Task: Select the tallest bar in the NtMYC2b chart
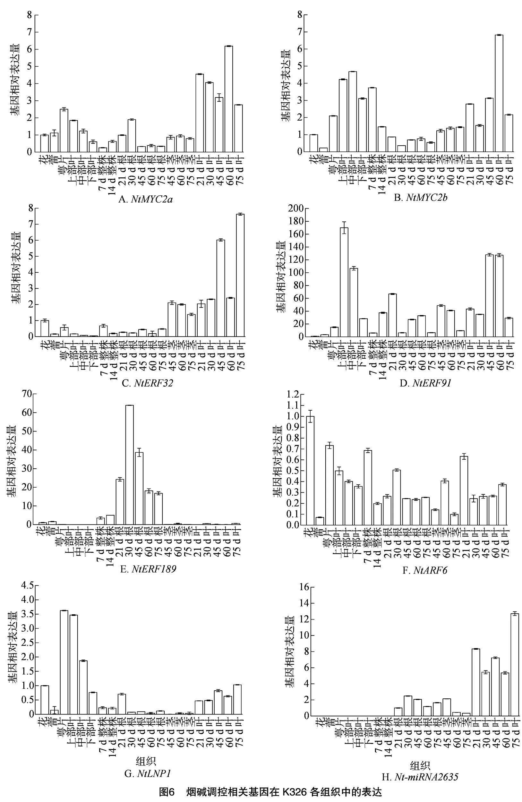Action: point(499,93)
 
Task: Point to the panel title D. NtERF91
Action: point(421,382)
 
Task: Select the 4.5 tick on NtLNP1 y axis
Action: point(25,586)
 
